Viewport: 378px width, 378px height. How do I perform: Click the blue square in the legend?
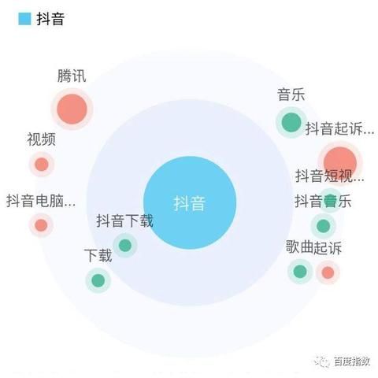[x=24, y=19]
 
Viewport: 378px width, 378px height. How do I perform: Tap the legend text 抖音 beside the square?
[x=50, y=19]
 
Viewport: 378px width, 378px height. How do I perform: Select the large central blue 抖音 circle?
[x=190, y=202]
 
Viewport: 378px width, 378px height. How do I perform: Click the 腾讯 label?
[x=72, y=76]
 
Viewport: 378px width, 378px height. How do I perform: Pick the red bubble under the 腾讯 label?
[x=72, y=109]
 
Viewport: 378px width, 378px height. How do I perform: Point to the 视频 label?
[x=42, y=139]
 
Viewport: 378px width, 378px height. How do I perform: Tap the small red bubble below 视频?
[x=42, y=165]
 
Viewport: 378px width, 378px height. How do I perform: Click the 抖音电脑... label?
[x=41, y=201]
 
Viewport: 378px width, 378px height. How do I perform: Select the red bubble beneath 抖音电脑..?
[x=41, y=225]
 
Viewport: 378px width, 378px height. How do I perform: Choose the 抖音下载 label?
[x=124, y=220]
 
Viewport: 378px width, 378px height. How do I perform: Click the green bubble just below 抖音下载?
[x=125, y=246]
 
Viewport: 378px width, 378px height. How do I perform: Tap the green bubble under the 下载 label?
[x=98, y=280]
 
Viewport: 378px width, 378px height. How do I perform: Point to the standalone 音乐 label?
[x=291, y=94]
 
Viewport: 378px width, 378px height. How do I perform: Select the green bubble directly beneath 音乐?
[x=291, y=122]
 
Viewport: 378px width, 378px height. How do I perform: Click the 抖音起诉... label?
[x=339, y=128]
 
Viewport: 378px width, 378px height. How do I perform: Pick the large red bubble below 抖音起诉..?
[x=340, y=163]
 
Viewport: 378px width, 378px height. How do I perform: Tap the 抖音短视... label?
[x=330, y=176]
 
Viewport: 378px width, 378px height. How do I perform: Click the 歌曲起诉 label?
[x=313, y=247]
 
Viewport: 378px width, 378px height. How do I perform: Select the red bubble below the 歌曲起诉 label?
[x=328, y=272]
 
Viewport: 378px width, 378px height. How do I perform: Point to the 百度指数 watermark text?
[x=352, y=361]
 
